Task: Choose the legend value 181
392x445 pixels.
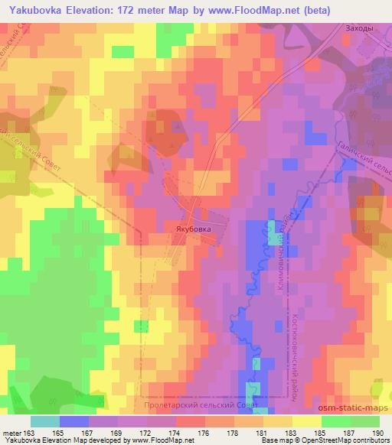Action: pos(263,432)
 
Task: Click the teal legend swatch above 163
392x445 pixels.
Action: pos(45,421)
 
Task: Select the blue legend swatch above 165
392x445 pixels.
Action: pos(74,421)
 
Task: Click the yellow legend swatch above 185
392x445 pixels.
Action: pos(306,421)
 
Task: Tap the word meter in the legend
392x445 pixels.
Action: pos(15,432)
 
